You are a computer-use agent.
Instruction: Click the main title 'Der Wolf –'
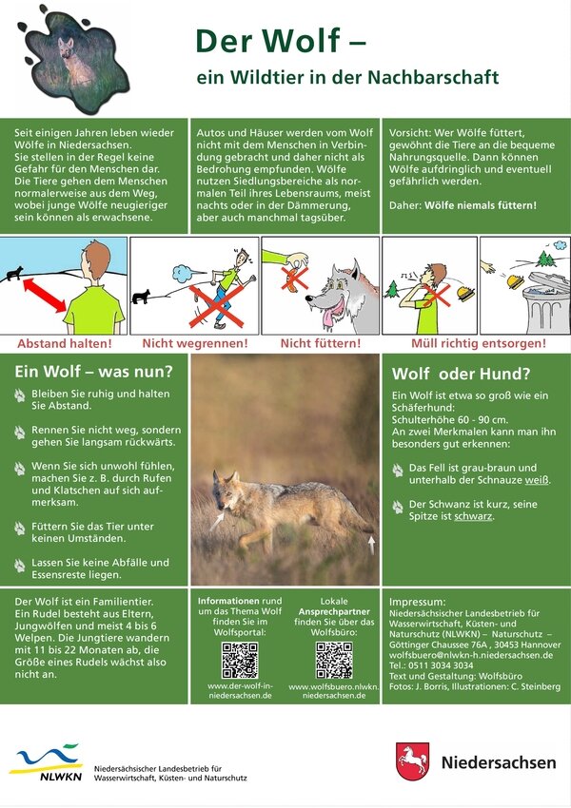281,41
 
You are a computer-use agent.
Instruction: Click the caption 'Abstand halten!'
65,343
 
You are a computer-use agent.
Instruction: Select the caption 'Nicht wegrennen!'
195,343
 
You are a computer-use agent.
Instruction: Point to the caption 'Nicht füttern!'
321,343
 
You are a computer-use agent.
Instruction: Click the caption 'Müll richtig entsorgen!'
478,343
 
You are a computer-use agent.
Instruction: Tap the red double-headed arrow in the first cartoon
45,296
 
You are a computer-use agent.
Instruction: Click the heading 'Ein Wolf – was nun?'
94,371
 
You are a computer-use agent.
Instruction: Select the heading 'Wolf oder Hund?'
462,374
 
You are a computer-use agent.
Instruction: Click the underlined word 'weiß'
537,480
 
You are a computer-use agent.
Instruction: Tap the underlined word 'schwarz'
473,516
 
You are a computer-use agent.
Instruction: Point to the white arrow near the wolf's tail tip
371,544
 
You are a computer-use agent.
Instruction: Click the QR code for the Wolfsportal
240,660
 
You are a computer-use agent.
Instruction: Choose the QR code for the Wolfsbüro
334,660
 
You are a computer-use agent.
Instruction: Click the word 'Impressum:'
417,602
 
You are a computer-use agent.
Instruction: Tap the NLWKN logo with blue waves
47,762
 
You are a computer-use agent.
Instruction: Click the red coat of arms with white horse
413,761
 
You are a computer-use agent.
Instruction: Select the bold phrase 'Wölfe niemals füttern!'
481,205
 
